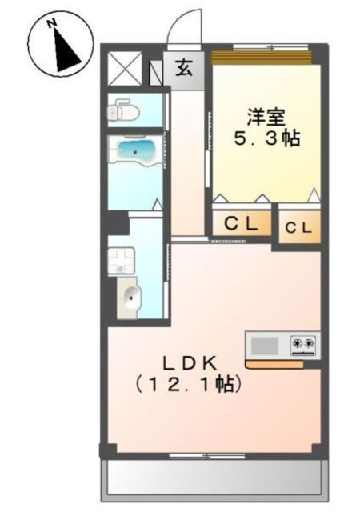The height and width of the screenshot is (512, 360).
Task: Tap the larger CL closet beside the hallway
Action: pyautogui.click(x=241, y=225)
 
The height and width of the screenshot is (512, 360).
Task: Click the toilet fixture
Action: pyautogui.click(x=122, y=110)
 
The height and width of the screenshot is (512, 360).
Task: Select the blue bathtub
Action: pyautogui.click(x=135, y=149)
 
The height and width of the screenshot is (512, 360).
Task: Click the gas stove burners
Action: pyautogui.click(x=304, y=345)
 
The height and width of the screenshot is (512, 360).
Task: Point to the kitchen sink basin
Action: pyautogui.click(x=264, y=346)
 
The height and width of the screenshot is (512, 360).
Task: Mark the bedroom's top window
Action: pyautogui.click(x=261, y=57)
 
